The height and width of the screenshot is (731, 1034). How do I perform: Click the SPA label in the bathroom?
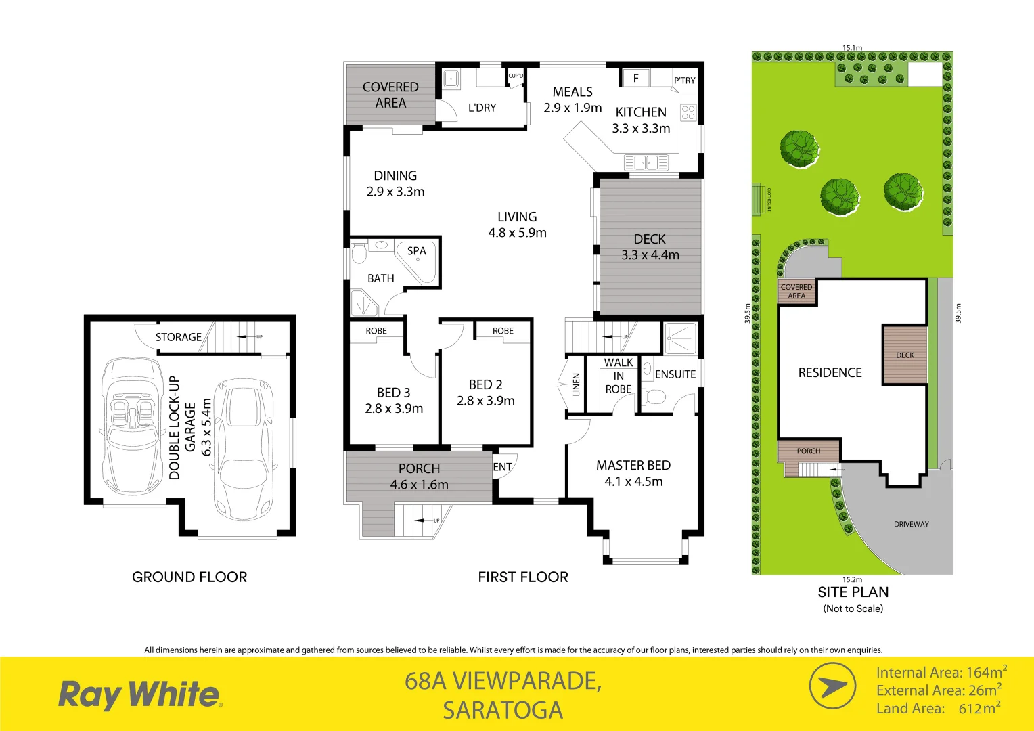click(416, 251)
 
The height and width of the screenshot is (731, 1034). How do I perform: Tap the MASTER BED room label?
click(633, 466)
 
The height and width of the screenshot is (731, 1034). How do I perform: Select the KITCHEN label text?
click(641, 112)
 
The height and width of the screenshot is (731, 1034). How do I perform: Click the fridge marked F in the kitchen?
click(635, 79)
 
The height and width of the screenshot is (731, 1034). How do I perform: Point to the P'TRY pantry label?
click(684, 81)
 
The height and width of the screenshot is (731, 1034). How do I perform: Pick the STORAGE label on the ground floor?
click(179, 337)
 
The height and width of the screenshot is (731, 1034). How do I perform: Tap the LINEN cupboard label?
click(577, 384)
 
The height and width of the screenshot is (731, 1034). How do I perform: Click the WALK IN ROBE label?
click(619, 376)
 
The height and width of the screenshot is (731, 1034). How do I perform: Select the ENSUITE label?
click(675, 374)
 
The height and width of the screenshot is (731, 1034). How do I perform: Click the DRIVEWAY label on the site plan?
click(911, 524)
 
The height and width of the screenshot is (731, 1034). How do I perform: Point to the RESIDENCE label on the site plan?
click(830, 372)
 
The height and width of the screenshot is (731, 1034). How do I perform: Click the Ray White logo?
click(139, 695)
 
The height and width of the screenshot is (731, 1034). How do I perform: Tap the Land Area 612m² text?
click(938, 709)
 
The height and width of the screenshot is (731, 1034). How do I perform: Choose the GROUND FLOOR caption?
click(189, 577)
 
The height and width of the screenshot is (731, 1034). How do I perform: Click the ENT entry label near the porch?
click(502, 467)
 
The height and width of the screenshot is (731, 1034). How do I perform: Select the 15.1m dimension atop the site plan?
click(852, 48)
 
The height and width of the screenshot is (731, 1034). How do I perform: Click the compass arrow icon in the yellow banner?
click(832, 686)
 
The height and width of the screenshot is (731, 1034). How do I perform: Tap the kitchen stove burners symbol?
click(688, 112)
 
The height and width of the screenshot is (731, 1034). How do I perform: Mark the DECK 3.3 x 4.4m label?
click(650, 247)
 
